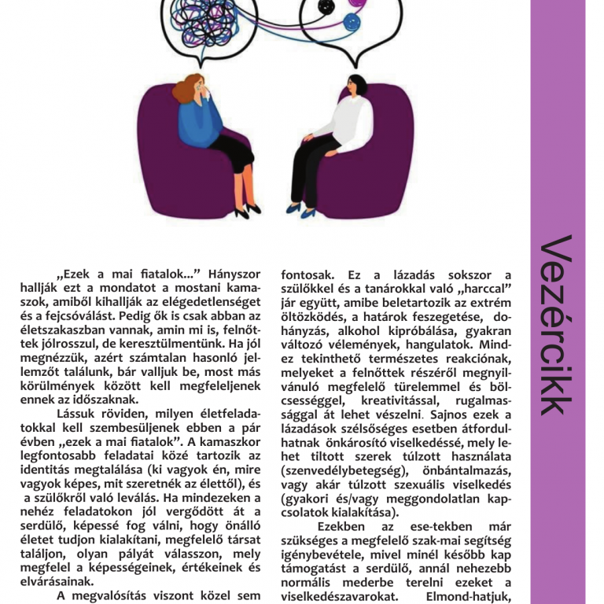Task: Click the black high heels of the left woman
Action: click(x=246, y=210)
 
